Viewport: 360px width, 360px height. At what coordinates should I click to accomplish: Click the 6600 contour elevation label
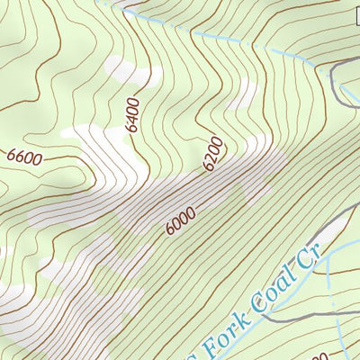pos(24,157)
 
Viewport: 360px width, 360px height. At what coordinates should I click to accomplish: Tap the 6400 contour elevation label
pos(134,115)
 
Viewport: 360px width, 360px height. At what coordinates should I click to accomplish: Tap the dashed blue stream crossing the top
pos(225,41)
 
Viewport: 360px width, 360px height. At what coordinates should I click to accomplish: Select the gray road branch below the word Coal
pos(288,316)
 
